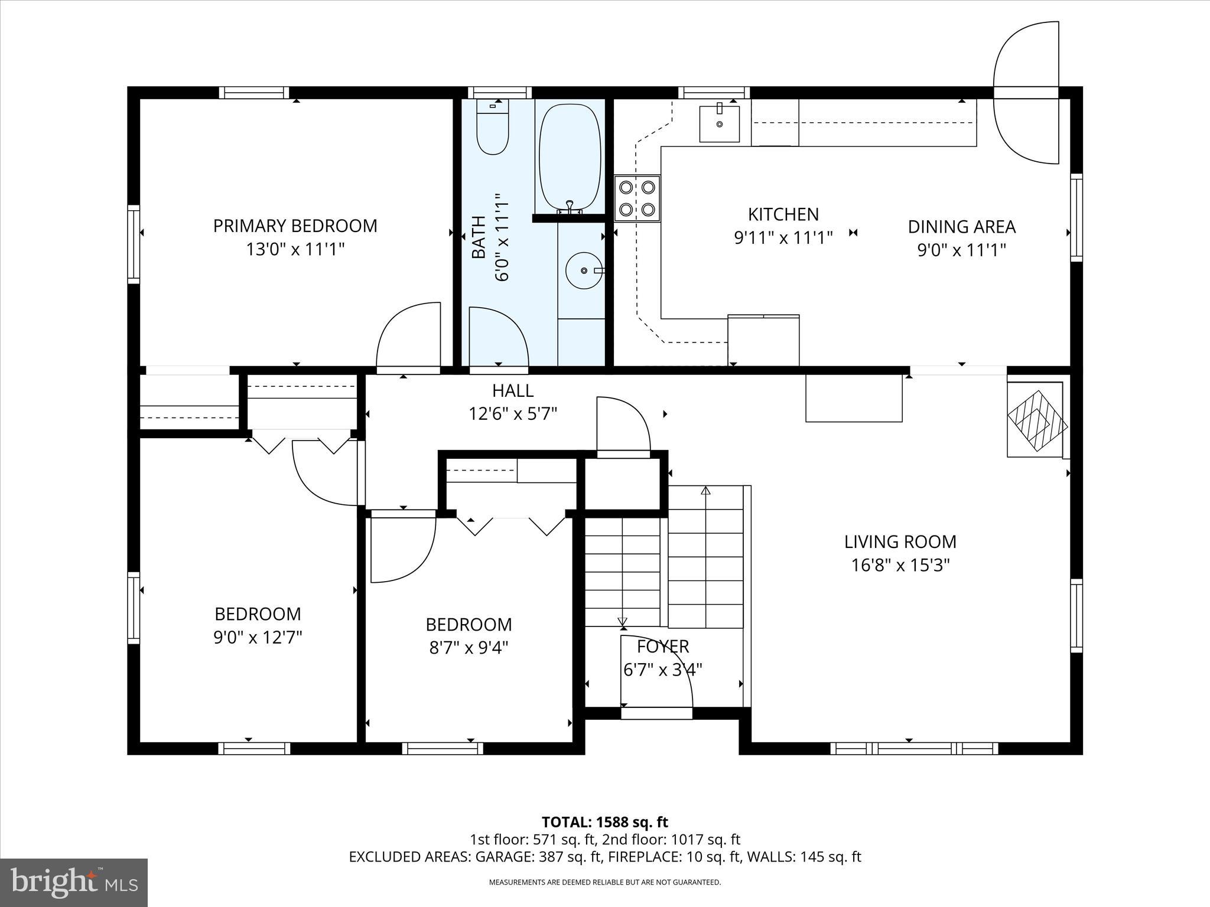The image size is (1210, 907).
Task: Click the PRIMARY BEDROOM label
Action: click(x=295, y=226)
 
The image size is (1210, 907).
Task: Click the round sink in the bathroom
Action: click(x=583, y=270)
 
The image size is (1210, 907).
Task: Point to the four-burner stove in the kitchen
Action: click(x=637, y=198)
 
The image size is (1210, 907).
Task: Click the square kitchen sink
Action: click(x=719, y=123)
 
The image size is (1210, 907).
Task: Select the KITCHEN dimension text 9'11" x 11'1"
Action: click(x=783, y=238)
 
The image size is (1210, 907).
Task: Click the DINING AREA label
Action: click(x=961, y=227)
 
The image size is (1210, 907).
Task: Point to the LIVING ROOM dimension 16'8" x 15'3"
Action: click(x=900, y=566)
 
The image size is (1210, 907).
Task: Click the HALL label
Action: click(x=513, y=391)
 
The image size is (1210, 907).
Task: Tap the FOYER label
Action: click(x=663, y=647)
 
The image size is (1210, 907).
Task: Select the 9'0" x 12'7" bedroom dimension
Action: click(x=258, y=638)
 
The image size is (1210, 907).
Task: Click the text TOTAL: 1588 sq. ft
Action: click(x=604, y=822)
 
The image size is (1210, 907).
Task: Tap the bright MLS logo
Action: click(x=74, y=883)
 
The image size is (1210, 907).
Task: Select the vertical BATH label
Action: click(x=479, y=237)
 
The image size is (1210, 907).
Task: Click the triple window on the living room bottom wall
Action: click(x=914, y=748)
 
